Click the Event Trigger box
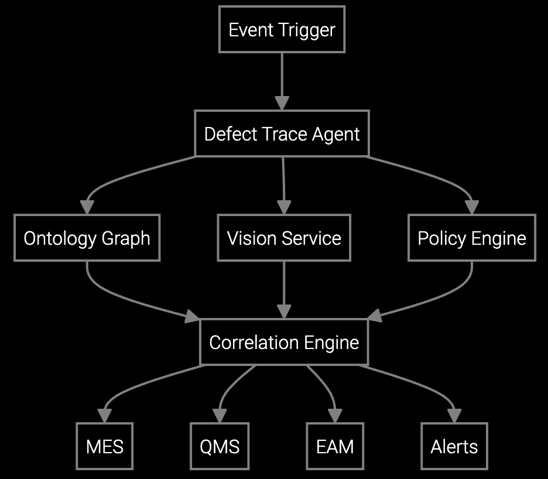click(x=282, y=30)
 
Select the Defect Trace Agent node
click(x=282, y=134)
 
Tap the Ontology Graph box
click(x=87, y=238)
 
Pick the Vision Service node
click(x=284, y=238)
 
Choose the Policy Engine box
click(x=472, y=238)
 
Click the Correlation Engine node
click(x=284, y=343)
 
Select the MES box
click(x=105, y=447)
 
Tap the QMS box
click(x=220, y=447)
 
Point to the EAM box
click(x=335, y=447)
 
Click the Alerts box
click(x=454, y=447)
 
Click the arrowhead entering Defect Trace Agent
click(x=282, y=103)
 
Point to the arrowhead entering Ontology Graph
click(x=87, y=207)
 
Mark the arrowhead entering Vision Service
click(x=284, y=207)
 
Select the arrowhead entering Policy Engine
click(x=472, y=207)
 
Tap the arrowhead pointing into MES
click(x=105, y=416)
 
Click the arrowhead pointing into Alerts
click(x=454, y=416)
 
